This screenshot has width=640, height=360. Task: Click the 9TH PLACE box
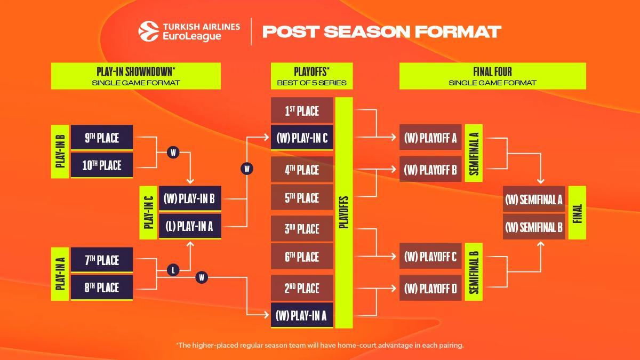tap(102, 138)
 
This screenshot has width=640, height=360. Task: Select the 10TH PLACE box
tap(102, 165)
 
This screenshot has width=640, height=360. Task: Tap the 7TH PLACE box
tap(102, 260)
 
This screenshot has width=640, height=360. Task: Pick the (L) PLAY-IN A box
tap(190, 226)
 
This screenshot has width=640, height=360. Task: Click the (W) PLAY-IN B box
tap(190, 199)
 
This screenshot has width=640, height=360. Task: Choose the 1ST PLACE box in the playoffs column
tap(302, 111)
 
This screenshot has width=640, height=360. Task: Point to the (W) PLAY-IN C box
tap(302, 138)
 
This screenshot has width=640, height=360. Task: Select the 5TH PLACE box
tap(302, 198)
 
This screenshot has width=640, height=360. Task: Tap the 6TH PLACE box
tap(302, 257)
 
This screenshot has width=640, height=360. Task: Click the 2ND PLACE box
tap(302, 289)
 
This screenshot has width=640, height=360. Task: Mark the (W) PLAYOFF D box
tap(430, 289)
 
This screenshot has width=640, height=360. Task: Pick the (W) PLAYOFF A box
tap(430, 138)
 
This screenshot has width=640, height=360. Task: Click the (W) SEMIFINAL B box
tap(534, 227)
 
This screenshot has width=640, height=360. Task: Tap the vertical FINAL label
tap(577, 213)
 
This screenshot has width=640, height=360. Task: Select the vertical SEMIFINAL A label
tap(474, 153)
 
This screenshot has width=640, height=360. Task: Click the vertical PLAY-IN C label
tap(149, 213)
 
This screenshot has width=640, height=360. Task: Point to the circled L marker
tap(173, 270)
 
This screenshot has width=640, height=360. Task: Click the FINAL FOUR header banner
tap(492, 76)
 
